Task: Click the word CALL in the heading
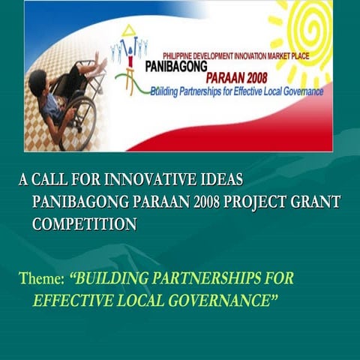click(50, 181)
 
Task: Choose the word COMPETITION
click(84, 223)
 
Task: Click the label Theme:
click(41, 280)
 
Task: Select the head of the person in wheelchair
click(38, 80)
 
